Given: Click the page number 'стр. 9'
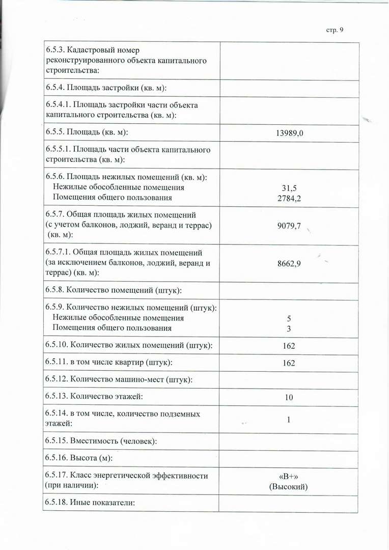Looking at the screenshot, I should (335, 30).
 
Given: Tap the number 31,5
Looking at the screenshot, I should (289, 187).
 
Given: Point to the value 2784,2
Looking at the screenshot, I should (289, 198).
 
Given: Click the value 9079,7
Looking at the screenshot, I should (289, 225).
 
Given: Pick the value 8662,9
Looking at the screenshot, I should (289, 263).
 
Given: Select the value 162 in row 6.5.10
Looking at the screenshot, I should (289, 346).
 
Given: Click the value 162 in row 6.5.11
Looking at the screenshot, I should (289, 363).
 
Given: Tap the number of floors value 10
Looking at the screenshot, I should (289, 397).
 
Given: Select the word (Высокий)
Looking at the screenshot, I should (289, 487).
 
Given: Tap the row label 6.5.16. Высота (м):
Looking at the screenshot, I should (79, 458).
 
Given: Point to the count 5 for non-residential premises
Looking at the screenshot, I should (289, 318).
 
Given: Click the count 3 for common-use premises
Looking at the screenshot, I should (289, 328).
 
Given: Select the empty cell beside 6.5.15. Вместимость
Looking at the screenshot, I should (289, 442).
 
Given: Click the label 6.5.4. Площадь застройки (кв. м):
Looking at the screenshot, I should (106, 88).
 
